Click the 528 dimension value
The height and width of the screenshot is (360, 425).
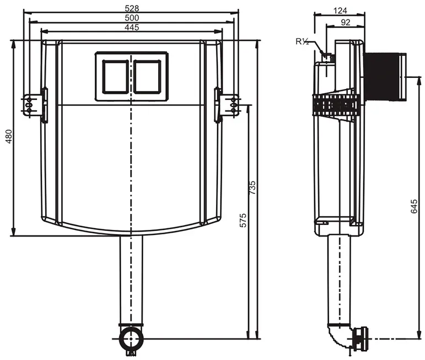pos(132,8)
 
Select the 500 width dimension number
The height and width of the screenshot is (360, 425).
pos(132,18)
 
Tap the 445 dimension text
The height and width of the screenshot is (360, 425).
pos(132,28)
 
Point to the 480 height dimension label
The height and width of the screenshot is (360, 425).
pos(9,136)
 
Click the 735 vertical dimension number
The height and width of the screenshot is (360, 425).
pos(252,187)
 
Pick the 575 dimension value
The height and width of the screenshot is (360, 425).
pos(244,220)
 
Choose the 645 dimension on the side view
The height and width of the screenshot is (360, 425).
pos(414,206)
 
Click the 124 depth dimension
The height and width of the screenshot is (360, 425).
pos(340,10)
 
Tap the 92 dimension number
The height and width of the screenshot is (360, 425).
pos(345,22)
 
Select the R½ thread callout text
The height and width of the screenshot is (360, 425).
pos(302,41)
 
